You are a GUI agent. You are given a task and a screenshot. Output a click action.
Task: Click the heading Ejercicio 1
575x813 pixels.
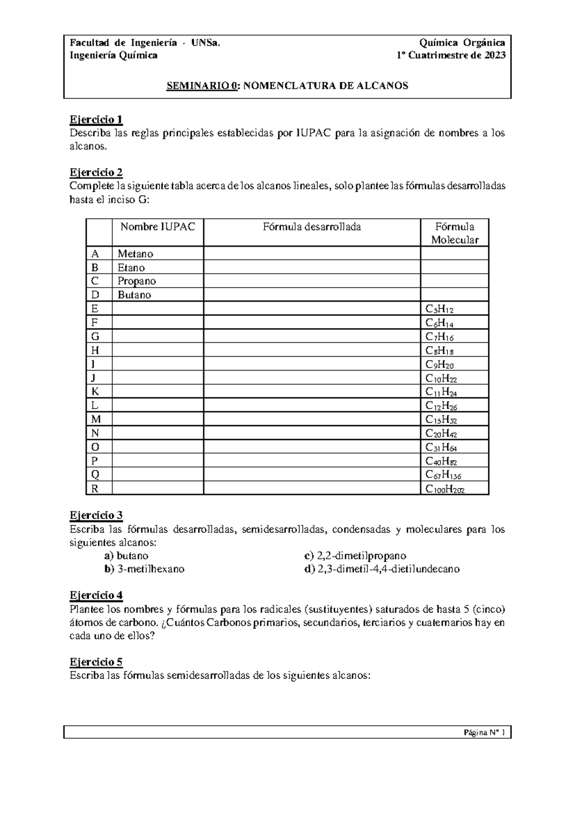(96, 119)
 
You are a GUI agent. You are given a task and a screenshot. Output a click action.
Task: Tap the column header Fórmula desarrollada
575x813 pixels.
(311, 227)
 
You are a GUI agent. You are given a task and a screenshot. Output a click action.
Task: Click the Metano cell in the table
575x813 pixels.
(136, 254)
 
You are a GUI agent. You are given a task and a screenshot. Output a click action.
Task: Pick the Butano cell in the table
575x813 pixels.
(134, 295)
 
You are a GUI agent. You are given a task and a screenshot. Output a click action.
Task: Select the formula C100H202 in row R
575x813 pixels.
(445, 489)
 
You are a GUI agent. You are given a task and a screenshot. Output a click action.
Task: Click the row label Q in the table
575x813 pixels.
(95, 475)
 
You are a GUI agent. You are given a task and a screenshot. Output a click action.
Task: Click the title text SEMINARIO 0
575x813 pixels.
(202, 86)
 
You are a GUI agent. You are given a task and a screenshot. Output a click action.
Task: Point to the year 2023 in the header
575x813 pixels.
(494, 55)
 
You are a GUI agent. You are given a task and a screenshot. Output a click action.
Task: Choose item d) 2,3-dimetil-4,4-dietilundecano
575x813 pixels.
(382, 569)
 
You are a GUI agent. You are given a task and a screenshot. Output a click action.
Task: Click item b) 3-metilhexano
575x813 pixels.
(144, 569)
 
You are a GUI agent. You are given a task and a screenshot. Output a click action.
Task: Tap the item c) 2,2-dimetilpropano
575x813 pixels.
(355, 556)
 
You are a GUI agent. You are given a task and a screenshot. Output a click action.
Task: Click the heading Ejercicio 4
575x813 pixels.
(96, 595)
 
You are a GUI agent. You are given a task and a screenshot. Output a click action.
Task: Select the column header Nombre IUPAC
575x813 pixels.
(158, 227)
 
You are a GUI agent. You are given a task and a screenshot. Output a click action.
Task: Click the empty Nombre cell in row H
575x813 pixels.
(158, 350)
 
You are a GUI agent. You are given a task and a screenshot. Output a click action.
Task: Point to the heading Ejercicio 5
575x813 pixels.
(96, 662)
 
